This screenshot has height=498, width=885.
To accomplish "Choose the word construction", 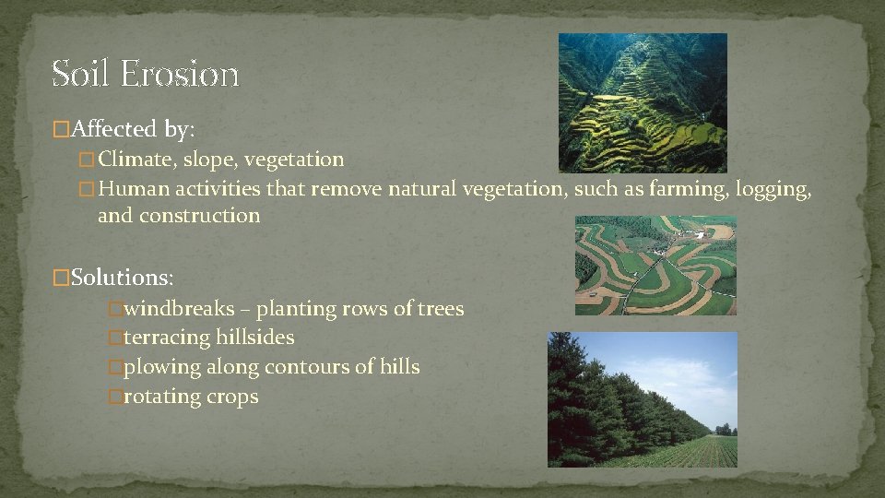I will pos(200,216).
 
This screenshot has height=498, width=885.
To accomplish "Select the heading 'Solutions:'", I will pos(121,276).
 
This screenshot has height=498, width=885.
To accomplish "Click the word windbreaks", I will pos(179,309).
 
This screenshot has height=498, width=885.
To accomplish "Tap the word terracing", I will pos(166,338).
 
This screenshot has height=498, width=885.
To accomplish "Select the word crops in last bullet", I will pos(234,397).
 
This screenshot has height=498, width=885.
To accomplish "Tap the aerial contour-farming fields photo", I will pos(655,266).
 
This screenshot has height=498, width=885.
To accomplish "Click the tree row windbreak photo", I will pos(643,399).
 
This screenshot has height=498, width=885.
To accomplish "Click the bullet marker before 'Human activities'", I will pos(87,190).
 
